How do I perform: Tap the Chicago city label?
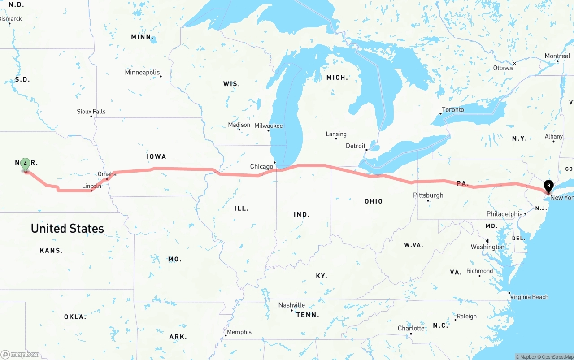point(261,166)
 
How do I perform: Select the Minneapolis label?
point(142,72)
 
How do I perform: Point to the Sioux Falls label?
point(91,111)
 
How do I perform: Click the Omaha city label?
point(107,174)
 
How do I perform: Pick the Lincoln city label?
point(91,186)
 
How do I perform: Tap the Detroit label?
point(356,146)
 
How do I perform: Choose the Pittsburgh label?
point(428,195)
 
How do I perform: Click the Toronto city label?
point(453,109)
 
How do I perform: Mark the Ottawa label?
point(503,68)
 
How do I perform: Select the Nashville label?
point(291,305)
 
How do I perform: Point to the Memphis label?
point(239,332)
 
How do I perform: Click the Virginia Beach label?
point(529,297)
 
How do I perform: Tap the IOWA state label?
point(156,156)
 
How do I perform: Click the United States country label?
point(67,228)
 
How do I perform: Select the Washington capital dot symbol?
point(487,241)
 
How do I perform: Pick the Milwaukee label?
point(269,126)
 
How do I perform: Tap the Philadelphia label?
point(504,214)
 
